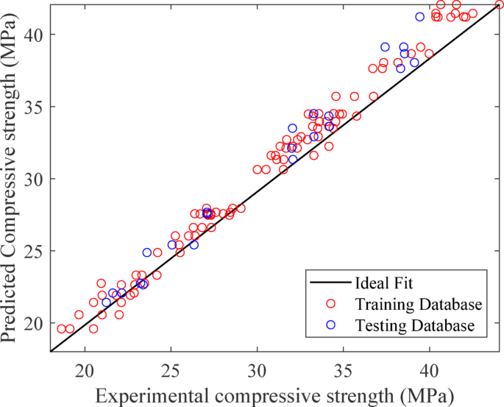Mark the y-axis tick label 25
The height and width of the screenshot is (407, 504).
pyautogui.click(x=37, y=251)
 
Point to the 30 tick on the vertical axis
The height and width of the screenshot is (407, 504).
pyautogui.click(x=37, y=179)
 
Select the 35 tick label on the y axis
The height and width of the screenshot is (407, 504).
pyautogui.click(x=37, y=107)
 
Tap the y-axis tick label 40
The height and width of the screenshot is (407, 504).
pyautogui.click(x=37, y=35)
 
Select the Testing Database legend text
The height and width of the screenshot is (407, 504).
pyautogui.click(x=412, y=325)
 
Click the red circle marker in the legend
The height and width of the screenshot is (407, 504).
pyautogui.click(x=330, y=304)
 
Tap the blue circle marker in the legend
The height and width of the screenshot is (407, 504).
pyautogui.click(x=330, y=325)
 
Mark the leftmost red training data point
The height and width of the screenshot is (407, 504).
pyautogui.click(x=62, y=329)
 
